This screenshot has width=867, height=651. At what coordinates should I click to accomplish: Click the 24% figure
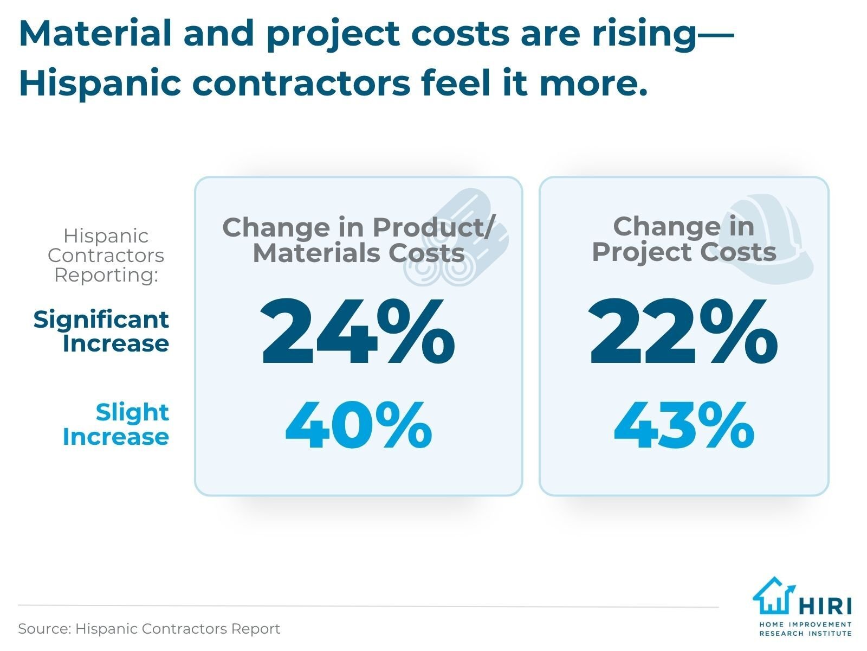358,331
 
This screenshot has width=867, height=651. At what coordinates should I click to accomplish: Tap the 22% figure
684,331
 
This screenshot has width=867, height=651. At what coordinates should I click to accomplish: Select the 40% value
358,426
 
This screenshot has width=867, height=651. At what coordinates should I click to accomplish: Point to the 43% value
684,426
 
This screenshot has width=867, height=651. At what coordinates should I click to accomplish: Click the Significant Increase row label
101,331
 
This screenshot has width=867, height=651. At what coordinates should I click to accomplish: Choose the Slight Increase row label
116,425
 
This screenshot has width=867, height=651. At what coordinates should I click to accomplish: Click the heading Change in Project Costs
684,239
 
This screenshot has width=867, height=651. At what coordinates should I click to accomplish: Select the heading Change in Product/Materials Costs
358,240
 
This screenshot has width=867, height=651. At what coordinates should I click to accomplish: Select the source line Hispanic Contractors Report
149,629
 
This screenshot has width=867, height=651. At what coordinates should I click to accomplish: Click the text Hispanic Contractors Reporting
106,255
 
